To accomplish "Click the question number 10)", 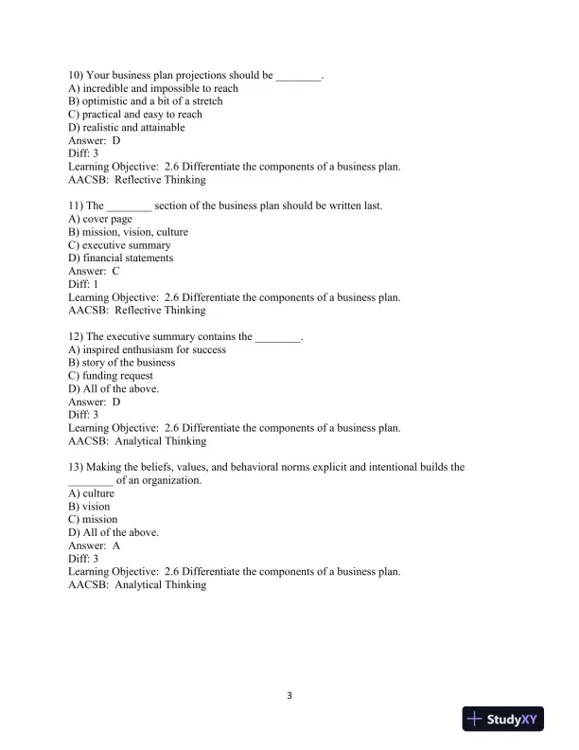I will pos(77,75).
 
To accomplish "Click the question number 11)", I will pos(77,205).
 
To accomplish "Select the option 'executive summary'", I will pos(119,244).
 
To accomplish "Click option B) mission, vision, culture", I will pos(129,232).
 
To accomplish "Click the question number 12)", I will pos(77,336).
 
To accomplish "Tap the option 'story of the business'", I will pos(121,363).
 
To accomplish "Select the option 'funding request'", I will pos(111,376).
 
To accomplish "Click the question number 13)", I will pos(77,467).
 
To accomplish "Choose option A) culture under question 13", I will pos(92,493).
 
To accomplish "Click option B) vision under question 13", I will pos(90,507).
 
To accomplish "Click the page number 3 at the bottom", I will pos(289,696).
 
